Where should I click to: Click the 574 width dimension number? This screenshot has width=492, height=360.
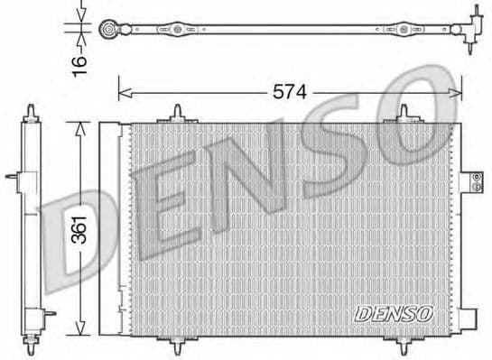(290, 90)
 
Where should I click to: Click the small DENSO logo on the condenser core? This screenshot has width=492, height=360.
(394, 312)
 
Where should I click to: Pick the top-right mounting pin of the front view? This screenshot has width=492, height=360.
(405, 115)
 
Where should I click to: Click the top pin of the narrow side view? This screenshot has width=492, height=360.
(32, 114)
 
